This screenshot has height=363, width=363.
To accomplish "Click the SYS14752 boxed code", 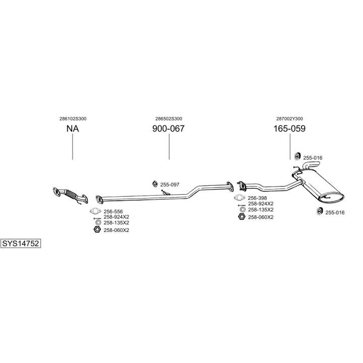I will coord(21,243).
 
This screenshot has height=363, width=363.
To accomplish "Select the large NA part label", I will coord(73,129).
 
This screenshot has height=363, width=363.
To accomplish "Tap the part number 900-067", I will coord(168,129).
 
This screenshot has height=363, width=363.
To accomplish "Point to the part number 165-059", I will coord(289,129).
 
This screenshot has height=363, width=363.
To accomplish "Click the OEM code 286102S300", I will coord(73,118).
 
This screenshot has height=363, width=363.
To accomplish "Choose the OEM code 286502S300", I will coord(168,118).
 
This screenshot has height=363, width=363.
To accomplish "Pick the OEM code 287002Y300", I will coord(289,118).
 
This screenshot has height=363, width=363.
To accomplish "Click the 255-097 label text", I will coord(169,185).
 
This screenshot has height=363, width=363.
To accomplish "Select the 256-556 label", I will coord(113,211).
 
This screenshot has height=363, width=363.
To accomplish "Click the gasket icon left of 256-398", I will coord(240,198).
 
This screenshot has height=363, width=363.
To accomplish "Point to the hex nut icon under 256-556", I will coord(97,230).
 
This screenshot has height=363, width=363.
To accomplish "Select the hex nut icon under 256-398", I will coord(241,217).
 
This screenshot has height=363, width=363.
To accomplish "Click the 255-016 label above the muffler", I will coord(313,158).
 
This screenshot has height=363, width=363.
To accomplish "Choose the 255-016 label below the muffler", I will coord(335,212).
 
